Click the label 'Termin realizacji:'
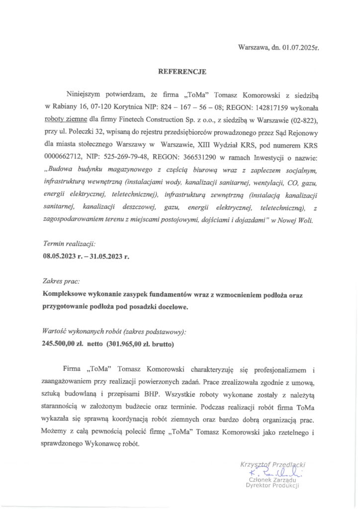pyautogui.click(x=70, y=245)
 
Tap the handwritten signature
pyautogui.click(x=273, y=472)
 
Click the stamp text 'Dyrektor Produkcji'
pyautogui.click(x=272, y=486)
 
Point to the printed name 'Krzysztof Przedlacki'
pyautogui.click(x=272, y=463)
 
